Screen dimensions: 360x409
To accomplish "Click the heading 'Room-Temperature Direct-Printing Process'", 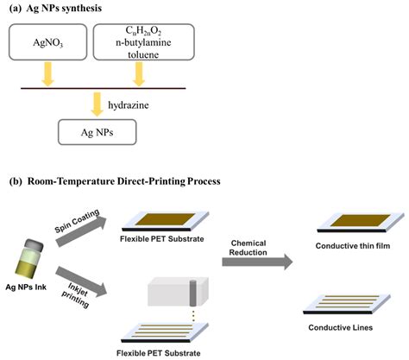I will (139, 181).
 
